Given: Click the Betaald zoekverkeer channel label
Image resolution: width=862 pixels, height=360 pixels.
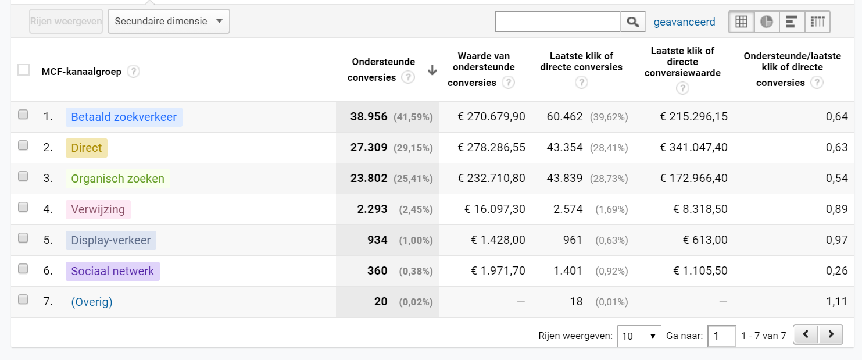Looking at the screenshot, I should (x=124, y=117).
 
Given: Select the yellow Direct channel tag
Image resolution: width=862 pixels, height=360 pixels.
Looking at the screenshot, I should (x=87, y=148).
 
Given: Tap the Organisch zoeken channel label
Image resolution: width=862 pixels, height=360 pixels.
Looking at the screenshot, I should (x=117, y=179).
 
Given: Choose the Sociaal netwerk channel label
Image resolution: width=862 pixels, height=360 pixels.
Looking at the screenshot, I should (x=112, y=271).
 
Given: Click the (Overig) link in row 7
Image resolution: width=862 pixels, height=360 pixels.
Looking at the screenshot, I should (x=92, y=302).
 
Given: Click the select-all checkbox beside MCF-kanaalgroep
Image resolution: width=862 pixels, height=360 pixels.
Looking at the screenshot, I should (x=24, y=70).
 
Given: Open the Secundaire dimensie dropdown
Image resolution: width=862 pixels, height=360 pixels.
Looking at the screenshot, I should (x=169, y=22).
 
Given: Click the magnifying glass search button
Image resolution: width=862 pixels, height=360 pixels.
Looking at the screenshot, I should (x=633, y=22).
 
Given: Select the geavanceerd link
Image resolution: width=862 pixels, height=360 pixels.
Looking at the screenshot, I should (x=684, y=22).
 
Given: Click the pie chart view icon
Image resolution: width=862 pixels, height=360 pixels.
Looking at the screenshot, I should (x=766, y=22).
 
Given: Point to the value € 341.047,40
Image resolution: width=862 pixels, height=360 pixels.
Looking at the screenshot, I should (x=693, y=148).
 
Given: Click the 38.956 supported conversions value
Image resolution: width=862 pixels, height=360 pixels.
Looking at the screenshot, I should (x=369, y=117).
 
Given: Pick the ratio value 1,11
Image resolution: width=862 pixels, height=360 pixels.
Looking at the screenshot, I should (x=836, y=302).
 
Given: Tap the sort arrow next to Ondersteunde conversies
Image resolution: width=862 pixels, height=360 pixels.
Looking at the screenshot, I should (x=432, y=70).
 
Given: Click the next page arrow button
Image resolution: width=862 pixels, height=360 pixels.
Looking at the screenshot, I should (x=831, y=335).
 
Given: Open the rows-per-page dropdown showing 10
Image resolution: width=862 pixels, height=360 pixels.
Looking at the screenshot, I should (x=639, y=336).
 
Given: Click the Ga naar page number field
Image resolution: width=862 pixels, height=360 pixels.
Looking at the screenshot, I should (x=721, y=336).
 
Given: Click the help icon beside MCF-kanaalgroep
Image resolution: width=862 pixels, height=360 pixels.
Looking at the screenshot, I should (x=134, y=72).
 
